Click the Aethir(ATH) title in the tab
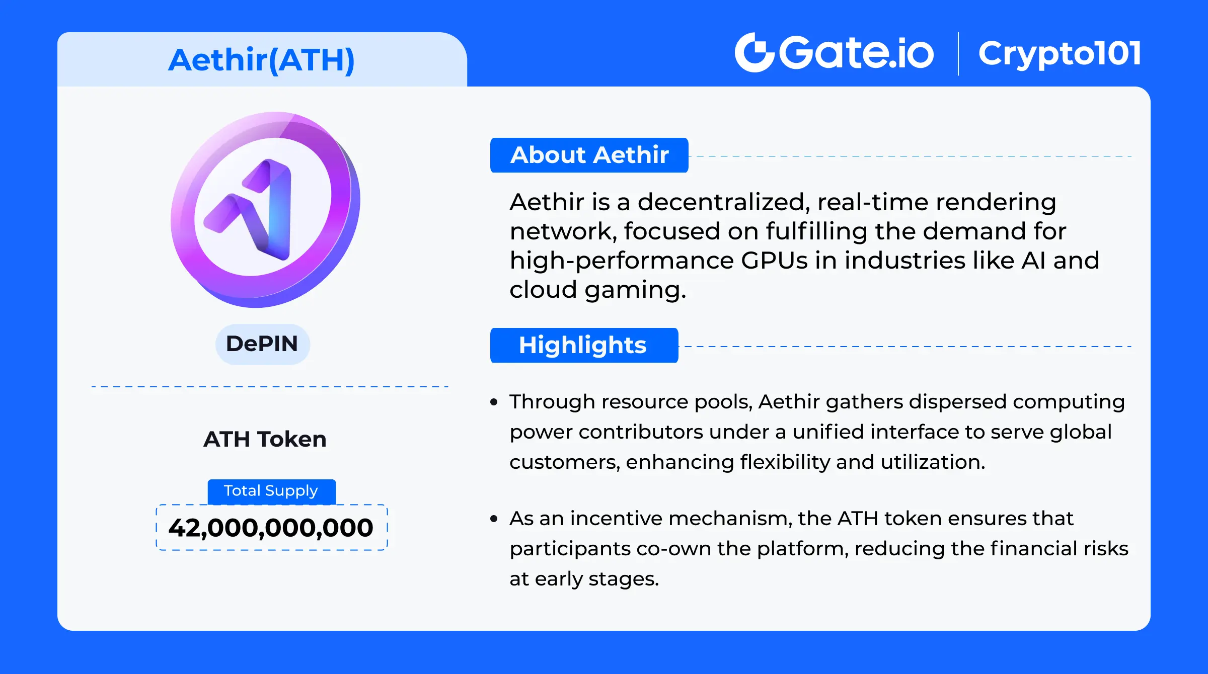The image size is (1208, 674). [x=261, y=60]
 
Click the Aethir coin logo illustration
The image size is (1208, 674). [x=265, y=209]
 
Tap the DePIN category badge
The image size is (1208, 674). [x=262, y=344]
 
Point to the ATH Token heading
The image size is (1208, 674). [x=265, y=439]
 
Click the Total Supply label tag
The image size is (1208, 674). [x=271, y=491]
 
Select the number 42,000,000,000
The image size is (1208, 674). [x=271, y=528]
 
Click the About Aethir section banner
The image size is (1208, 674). [x=589, y=155]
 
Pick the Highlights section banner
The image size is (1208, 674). [x=584, y=345]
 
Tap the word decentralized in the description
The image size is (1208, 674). [x=724, y=202]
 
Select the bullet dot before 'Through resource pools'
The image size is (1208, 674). [x=494, y=402]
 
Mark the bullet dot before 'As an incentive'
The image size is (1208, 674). [x=494, y=519]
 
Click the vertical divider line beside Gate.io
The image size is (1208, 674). [x=958, y=54]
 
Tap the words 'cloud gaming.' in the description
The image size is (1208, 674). [x=598, y=290]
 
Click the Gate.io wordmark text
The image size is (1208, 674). [x=857, y=52]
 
